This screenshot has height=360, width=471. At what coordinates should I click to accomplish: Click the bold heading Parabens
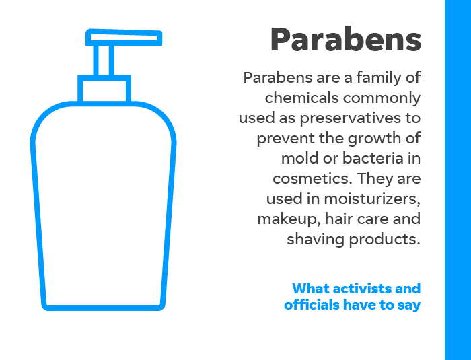coord(346,40)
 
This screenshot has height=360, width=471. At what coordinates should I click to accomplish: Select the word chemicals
coord(301,98)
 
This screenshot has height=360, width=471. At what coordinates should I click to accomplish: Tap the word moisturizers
coord(372,199)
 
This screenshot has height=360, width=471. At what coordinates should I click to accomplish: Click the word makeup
coord(289,219)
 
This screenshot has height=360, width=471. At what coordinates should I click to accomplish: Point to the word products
coord(384,239)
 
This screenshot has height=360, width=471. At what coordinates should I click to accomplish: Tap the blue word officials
coord(312,304)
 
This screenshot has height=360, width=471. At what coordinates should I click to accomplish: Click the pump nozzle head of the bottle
coord(124,38)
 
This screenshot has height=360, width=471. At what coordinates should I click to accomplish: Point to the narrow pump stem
coord(104,61)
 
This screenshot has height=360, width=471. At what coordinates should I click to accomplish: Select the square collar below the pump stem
coord(104,89)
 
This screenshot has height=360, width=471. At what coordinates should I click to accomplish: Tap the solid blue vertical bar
coord(458,180)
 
